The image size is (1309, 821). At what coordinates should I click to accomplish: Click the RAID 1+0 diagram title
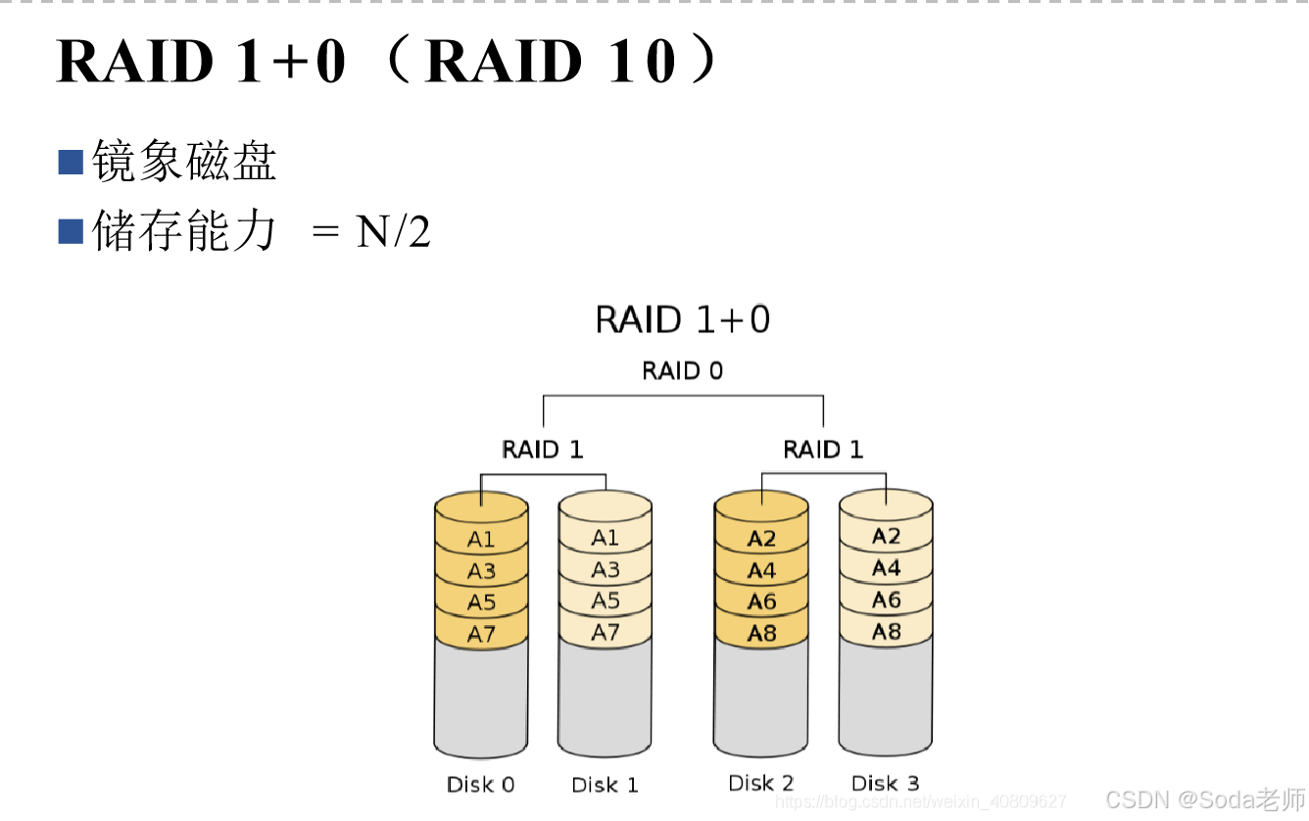tap(682, 320)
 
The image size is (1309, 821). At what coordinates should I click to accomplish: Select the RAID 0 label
tap(682, 371)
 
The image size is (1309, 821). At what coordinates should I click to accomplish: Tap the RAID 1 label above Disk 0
tap(542, 450)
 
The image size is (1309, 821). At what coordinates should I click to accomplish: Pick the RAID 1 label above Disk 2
tap(823, 450)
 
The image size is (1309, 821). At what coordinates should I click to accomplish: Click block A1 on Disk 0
tap(481, 539)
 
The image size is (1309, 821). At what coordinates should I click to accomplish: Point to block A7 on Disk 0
tap(481, 634)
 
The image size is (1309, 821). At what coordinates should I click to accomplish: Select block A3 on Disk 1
tap(606, 569)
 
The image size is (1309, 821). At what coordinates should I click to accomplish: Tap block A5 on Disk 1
tap(606, 601)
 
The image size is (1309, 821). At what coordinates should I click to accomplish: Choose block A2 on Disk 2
tap(761, 539)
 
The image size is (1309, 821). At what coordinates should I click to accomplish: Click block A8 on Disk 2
tap(761, 633)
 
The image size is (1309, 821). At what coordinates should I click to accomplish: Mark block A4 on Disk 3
tap(886, 568)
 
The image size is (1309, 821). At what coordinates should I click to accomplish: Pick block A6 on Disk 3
tap(886, 600)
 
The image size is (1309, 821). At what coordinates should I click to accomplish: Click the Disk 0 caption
tap(480, 785)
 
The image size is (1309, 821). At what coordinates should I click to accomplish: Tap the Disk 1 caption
tap(605, 785)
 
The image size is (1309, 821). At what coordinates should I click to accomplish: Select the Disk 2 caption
tap(760, 783)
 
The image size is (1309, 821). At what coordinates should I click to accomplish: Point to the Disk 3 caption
tap(885, 783)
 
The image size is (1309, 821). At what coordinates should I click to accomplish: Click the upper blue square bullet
tap(71, 163)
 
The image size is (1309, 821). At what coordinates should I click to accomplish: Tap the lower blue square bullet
tap(71, 231)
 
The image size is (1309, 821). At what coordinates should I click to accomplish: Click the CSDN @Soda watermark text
tap(1204, 798)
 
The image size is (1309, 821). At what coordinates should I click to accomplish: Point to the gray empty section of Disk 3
tap(886, 696)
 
